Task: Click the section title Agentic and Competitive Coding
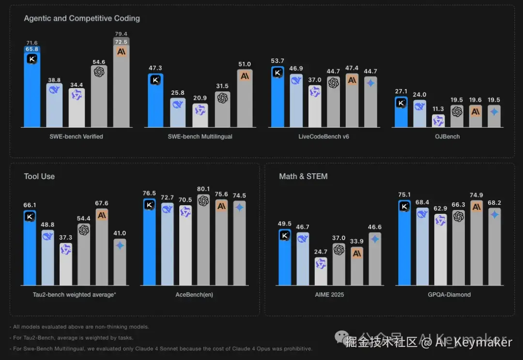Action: click(82, 18)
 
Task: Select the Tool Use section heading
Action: click(39, 176)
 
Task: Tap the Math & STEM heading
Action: click(303, 176)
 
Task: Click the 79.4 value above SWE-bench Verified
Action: click(121, 34)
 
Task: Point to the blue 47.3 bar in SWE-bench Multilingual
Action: click(155, 102)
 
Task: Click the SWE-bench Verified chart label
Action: click(76, 136)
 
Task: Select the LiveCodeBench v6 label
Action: click(323, 136)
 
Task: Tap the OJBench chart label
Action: click(447, 136)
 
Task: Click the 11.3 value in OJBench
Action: click(438, 109)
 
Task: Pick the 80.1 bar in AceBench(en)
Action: click(203, 242)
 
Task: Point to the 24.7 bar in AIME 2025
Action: click(321, 272)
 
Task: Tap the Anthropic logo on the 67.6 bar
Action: click(102, 215)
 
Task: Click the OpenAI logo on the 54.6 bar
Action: click(99, 72)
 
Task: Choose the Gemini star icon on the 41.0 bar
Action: click(120, 245)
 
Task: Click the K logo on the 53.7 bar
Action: click(277, 73)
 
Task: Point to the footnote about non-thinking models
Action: click(79, 327)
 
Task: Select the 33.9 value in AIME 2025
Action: click(357, 241)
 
